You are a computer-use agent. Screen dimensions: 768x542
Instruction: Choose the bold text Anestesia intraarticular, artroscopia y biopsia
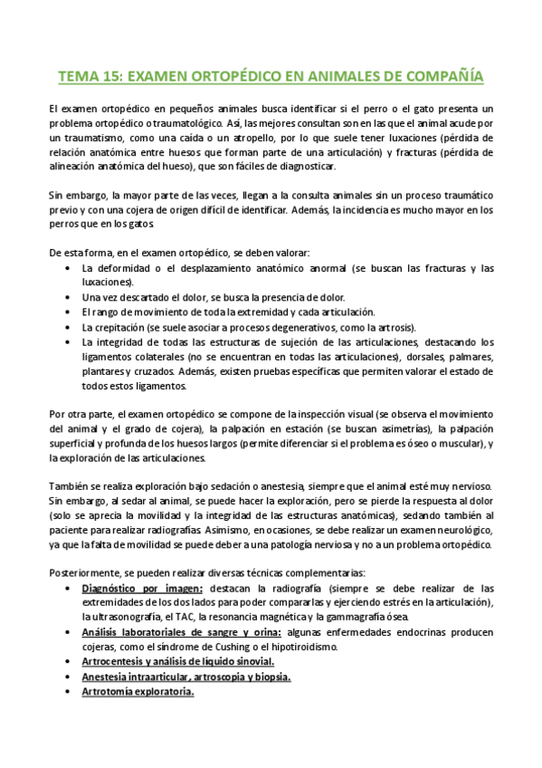(x=185, y=677)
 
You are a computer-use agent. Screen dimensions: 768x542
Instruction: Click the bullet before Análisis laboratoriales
(x=71, y=632)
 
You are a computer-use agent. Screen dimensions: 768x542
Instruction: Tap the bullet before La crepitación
(x=71, y=326)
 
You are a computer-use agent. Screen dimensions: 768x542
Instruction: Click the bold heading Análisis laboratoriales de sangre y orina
(x=182, y=632)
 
